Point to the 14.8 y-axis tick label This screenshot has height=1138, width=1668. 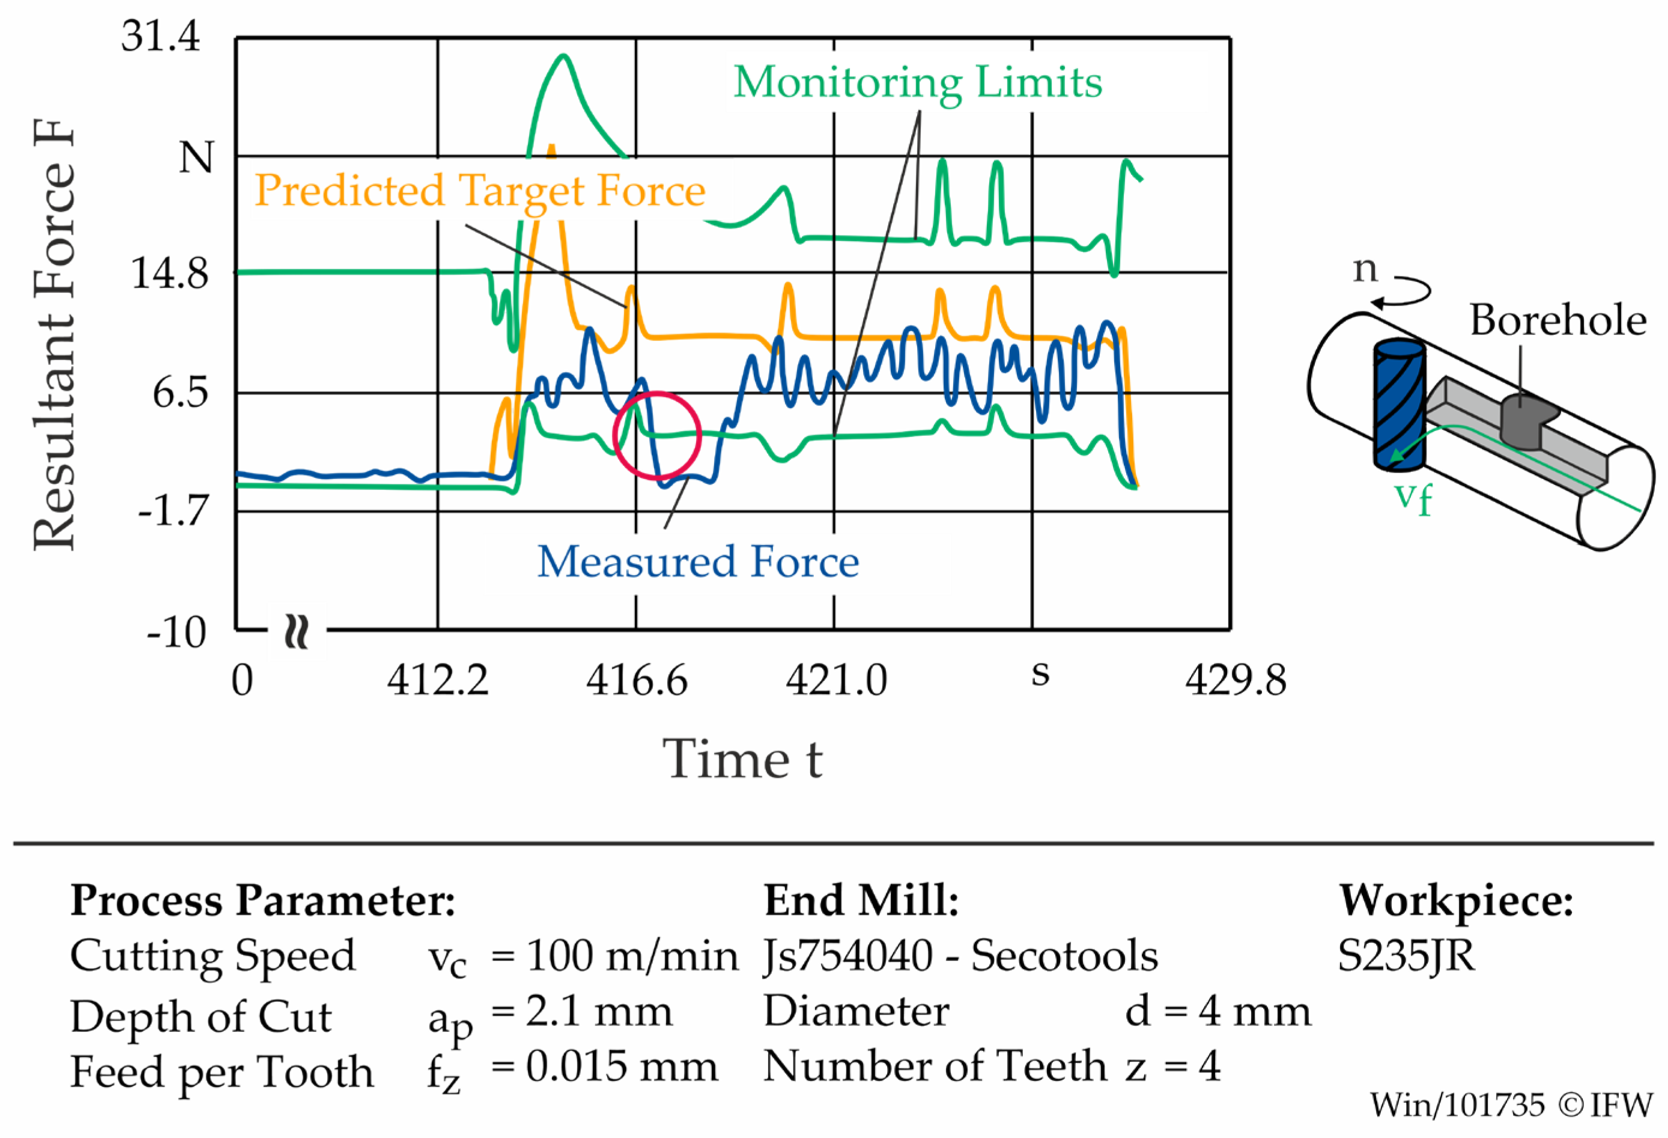[169, 273]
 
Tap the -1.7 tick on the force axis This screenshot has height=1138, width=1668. [172, 511]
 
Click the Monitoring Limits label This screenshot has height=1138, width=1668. [917, 82]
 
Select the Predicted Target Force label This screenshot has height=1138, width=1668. [479, 190]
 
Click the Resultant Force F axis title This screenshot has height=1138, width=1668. [54, 335]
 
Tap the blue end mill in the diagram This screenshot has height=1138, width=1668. [1398, 406]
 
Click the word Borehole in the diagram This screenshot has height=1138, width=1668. [1557, 320]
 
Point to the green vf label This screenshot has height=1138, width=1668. [1413, 497]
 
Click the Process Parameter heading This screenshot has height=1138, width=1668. [262, 900]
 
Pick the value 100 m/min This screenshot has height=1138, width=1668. [632, 955]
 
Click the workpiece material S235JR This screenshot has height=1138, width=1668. [1406, 955]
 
